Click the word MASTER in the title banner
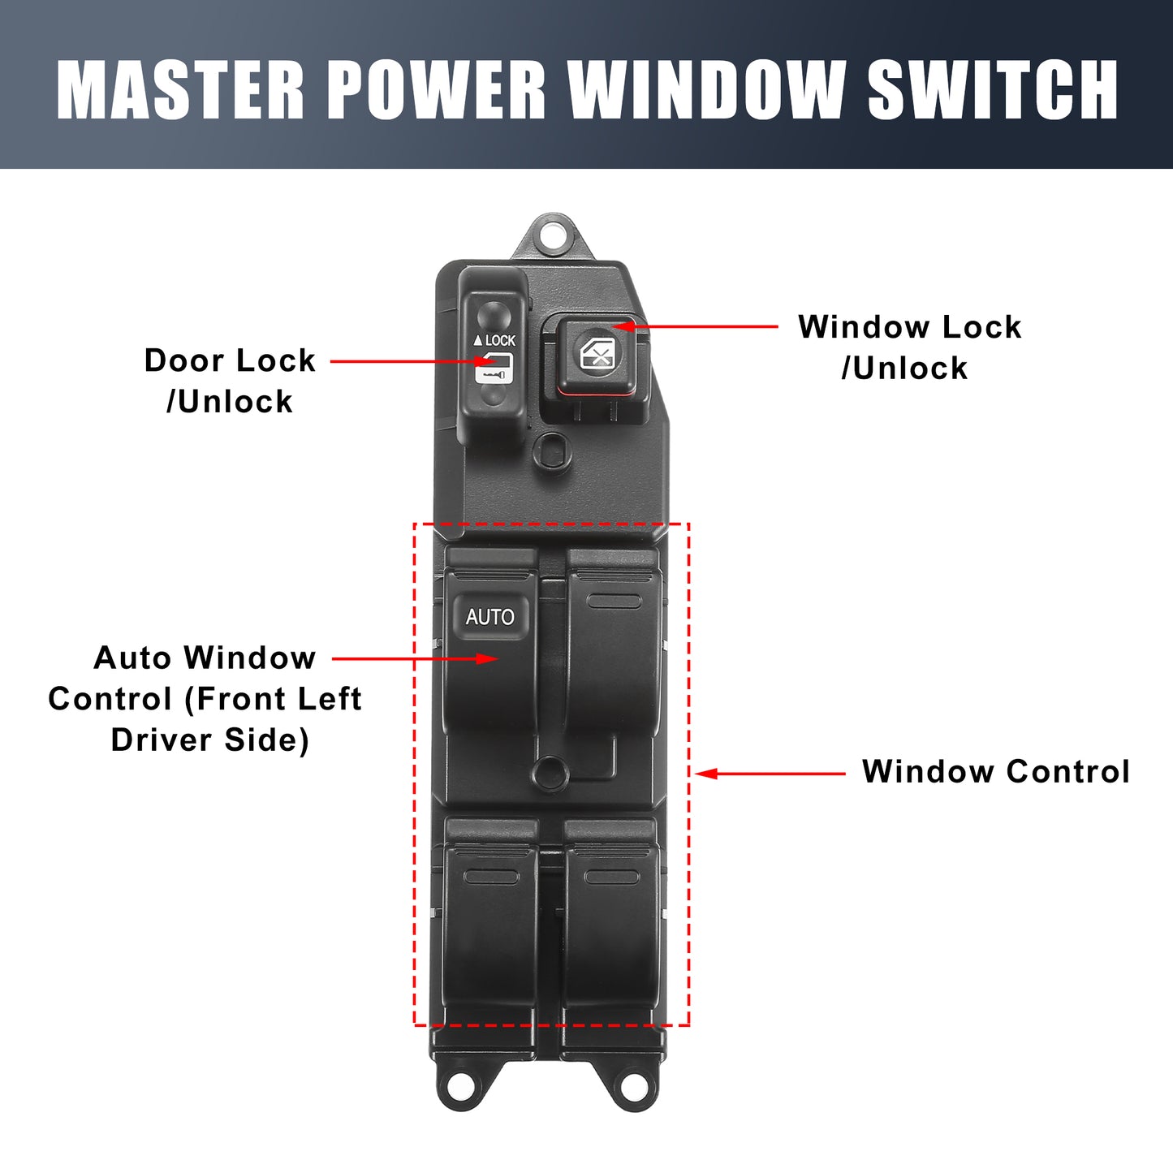point(180,90)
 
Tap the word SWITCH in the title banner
point(993,90)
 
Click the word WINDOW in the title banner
point(707,90)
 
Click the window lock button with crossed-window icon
point(600,354)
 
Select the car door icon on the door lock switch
point(494,368)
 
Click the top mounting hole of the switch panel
point(553,231)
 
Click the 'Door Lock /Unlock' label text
point(230,381)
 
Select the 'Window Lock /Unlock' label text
point(909,347)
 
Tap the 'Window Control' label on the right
point(996,772)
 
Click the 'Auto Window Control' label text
point(205,699)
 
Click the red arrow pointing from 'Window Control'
point(770,774)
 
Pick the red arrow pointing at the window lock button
point(695,326)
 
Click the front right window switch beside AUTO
point(612,658)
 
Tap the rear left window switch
point(490,934)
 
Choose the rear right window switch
point(612,934)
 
